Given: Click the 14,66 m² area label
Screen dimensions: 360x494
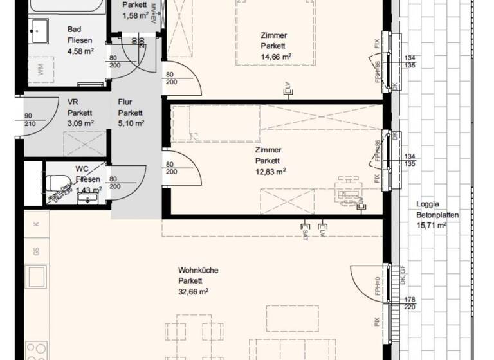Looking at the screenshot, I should point(277,57).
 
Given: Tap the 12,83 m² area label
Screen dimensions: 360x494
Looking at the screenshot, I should point(270,171).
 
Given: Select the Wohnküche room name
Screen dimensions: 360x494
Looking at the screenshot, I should point(198,271).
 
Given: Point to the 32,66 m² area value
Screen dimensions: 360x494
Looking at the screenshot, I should point(194,291).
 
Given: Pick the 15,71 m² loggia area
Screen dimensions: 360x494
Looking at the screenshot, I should point(432,226).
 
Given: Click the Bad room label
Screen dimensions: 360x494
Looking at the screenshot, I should point(75,29).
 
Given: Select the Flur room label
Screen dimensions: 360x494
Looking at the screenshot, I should point(125,102).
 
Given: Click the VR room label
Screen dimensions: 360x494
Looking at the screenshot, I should point(72,102).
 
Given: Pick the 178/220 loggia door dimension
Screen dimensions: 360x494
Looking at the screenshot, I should point(409,303).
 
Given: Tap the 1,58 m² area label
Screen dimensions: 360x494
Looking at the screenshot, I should point(135,15).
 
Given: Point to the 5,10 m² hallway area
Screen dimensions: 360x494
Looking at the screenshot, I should point(131,123).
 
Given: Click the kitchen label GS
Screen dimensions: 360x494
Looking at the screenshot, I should point(37,251).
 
